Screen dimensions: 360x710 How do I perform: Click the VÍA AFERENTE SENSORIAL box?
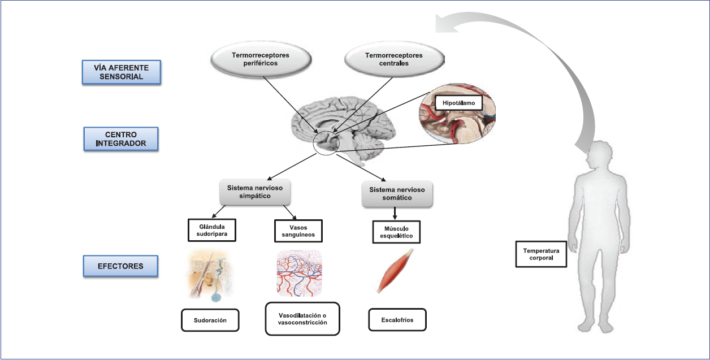tap(121, 73)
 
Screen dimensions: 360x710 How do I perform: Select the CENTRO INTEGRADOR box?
tap(121, 139)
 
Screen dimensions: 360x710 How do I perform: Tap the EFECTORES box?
tap(121, 266)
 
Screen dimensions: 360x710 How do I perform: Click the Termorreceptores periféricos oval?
tap(260, 59)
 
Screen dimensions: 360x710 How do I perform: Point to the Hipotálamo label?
tap(458, 102)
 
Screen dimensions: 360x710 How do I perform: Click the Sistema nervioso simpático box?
tap(256, 192)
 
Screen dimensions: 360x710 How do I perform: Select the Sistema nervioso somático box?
tap(397, 194)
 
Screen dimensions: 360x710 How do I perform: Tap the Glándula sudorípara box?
tap(211, 231)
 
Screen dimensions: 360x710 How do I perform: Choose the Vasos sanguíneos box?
tap(298, 231)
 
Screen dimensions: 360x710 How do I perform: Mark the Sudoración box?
tap(210, 320)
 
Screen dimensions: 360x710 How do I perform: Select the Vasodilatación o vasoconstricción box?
tap(303, 319)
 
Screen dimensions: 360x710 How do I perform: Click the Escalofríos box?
tap(397, 319)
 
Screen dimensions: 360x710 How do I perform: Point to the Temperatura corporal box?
tap(541, 254)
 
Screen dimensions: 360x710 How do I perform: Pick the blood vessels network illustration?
tap(300, 273)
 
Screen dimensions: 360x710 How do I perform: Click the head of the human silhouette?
tap(599, 158)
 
